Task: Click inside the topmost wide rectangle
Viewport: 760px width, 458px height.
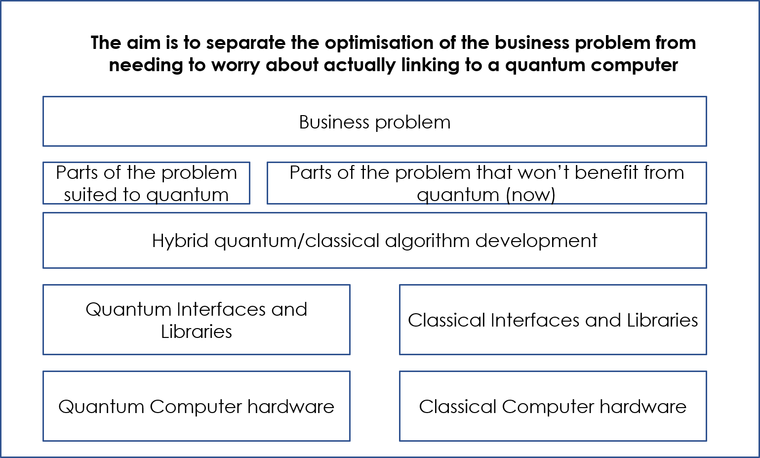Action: (374, 121)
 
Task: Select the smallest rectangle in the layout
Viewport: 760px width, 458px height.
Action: (146, 183)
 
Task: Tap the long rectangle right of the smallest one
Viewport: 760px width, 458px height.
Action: (486, 183)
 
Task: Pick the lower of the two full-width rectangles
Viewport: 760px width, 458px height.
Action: (374, 240)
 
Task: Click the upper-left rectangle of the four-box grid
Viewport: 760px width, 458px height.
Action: (196, 319)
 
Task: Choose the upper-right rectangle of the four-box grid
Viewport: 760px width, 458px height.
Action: (553, 319)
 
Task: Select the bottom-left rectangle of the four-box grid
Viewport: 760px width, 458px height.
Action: (196, 406)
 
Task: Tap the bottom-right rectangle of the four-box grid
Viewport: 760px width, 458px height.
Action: (553, 406)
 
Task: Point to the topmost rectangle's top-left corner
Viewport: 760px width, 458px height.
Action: (43, 97)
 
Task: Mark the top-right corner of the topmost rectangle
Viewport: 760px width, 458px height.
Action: (706, 97)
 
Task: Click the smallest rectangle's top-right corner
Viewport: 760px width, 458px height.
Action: (249, 163)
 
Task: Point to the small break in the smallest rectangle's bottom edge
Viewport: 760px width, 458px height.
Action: (157, 203)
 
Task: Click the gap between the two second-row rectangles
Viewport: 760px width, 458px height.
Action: (258, 183)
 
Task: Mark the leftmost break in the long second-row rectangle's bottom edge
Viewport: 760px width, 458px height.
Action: (427, 203)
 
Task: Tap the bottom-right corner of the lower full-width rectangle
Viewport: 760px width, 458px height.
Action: (706, 267)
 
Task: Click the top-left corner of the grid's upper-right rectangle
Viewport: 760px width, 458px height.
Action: (400, 285)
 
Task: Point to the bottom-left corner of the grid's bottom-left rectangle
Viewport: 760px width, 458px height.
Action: (43, 440)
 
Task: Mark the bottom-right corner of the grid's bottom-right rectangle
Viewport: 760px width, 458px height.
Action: (706, 440)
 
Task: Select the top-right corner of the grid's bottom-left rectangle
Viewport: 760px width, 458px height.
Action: (350, 372)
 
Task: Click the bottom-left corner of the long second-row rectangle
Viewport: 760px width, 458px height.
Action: (268, 203)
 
